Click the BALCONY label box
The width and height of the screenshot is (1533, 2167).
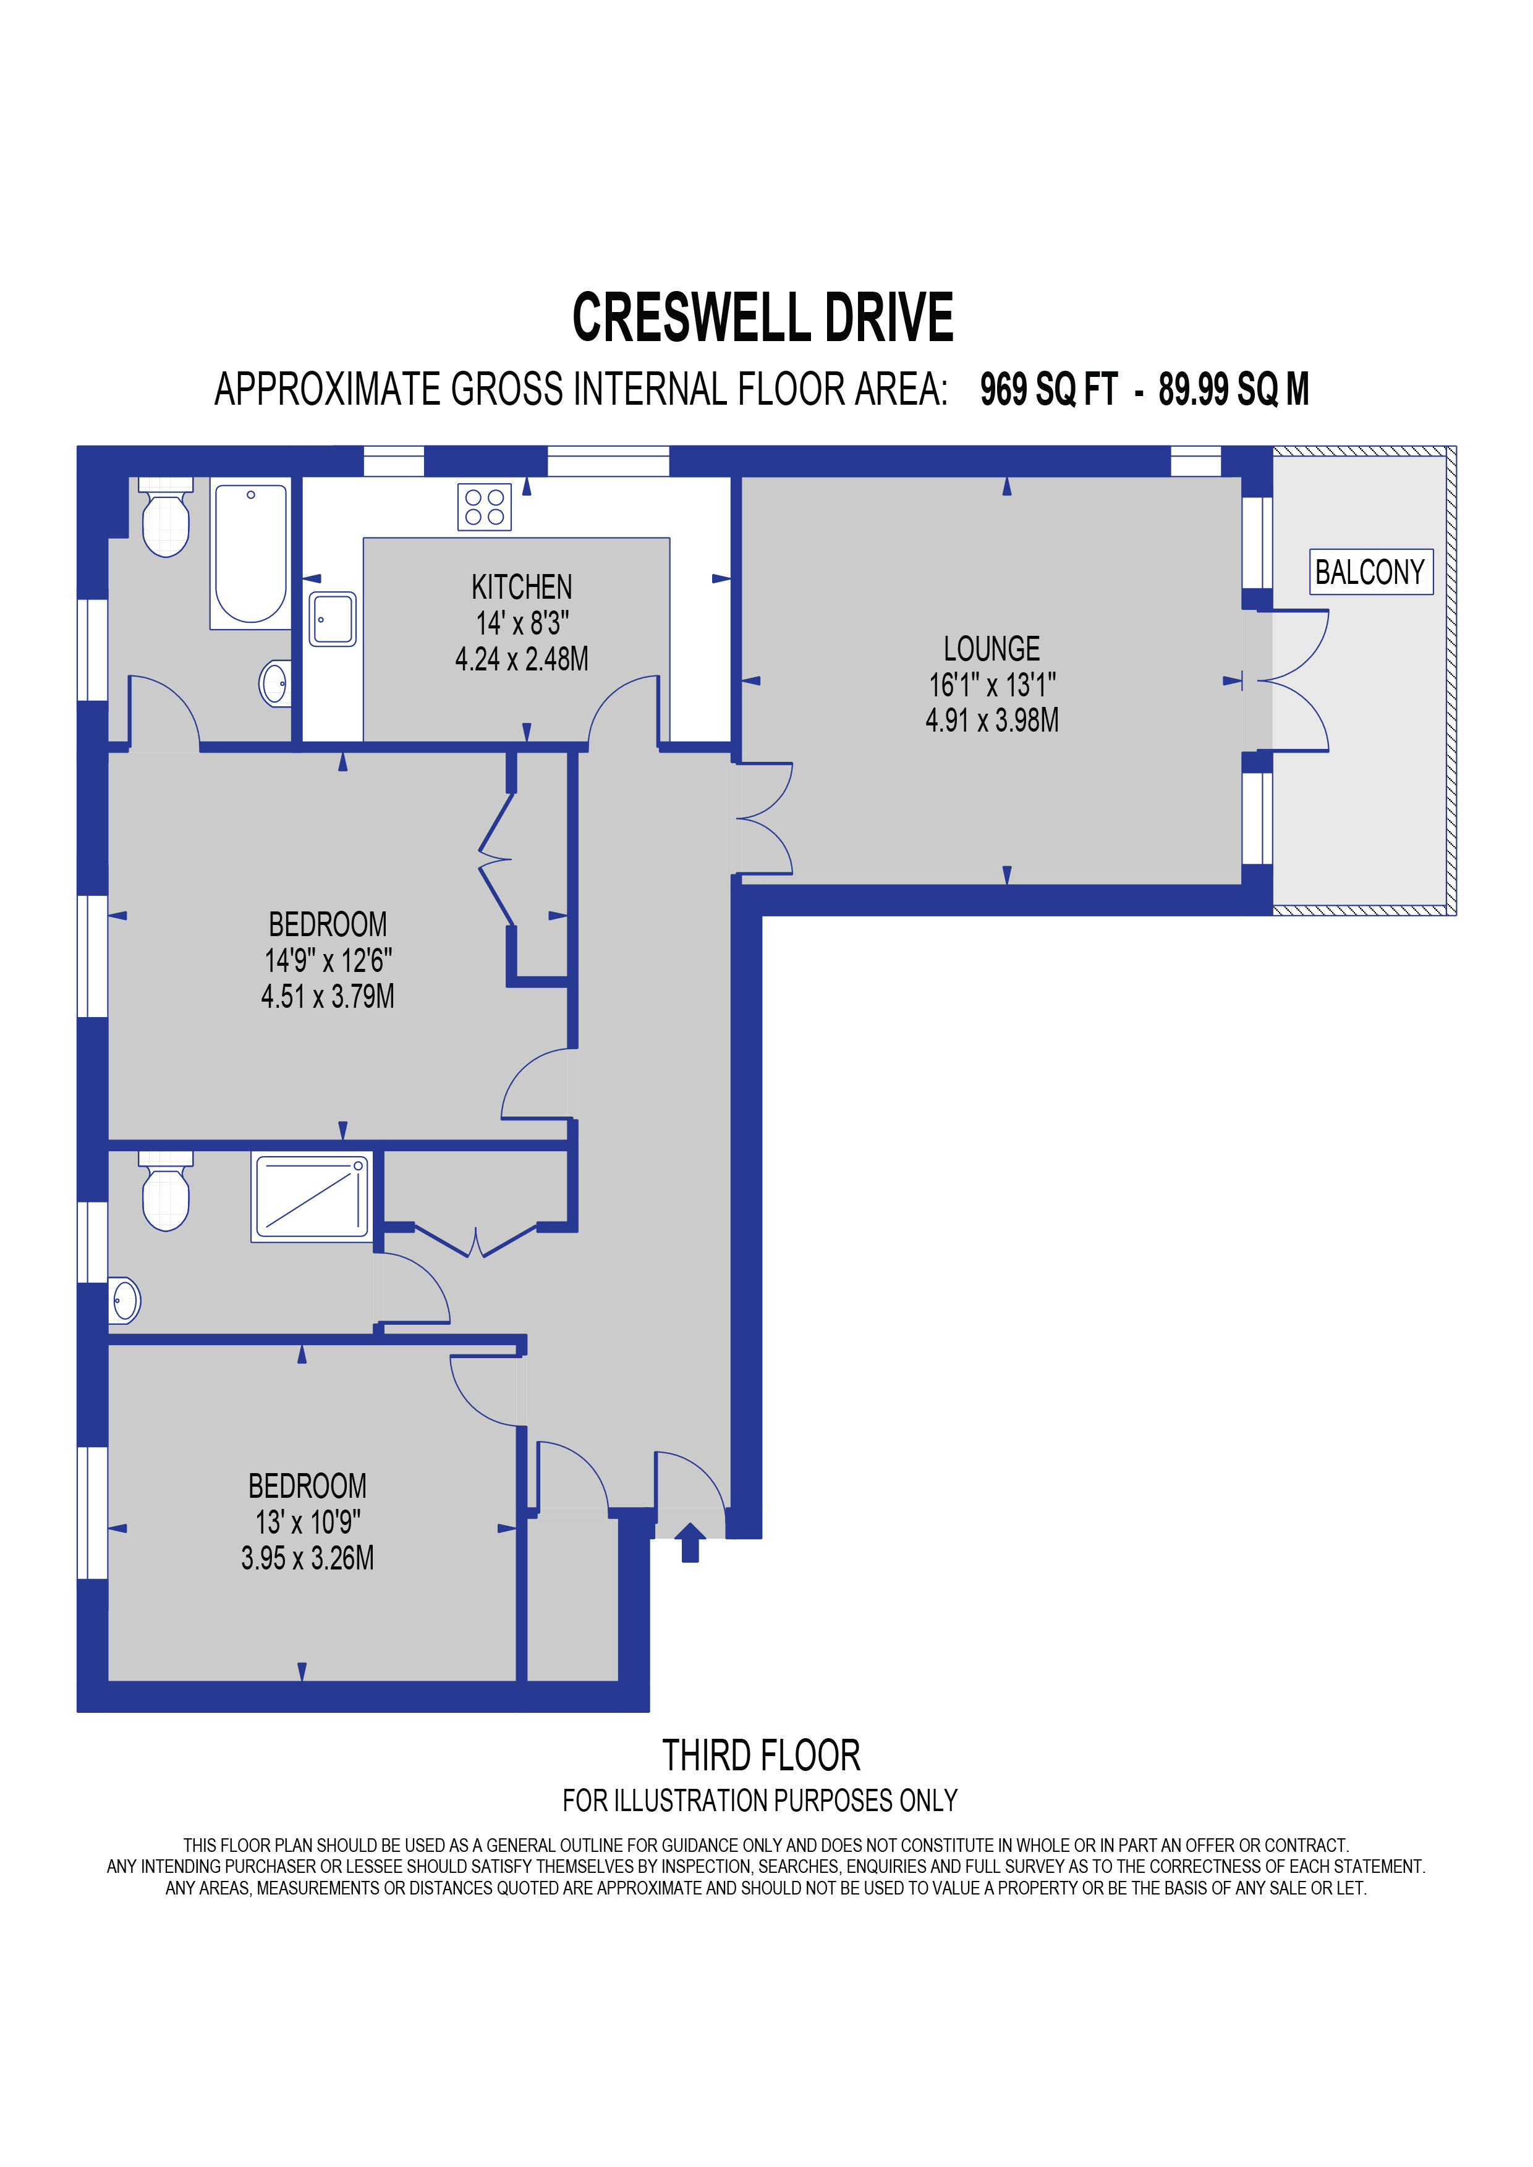click(x=1370, y=572)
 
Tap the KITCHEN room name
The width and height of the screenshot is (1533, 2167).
click(x=521, y=587)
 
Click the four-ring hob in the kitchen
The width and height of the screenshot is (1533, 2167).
click(x=484, y=507)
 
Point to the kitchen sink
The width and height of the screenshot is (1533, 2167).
click(x=333, y=619)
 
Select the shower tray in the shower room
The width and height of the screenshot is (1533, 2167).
click(x=310, y=1196)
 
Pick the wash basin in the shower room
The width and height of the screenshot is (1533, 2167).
click(x=125, y=1301)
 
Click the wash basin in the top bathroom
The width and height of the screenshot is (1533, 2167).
click(x=274, y=683)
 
